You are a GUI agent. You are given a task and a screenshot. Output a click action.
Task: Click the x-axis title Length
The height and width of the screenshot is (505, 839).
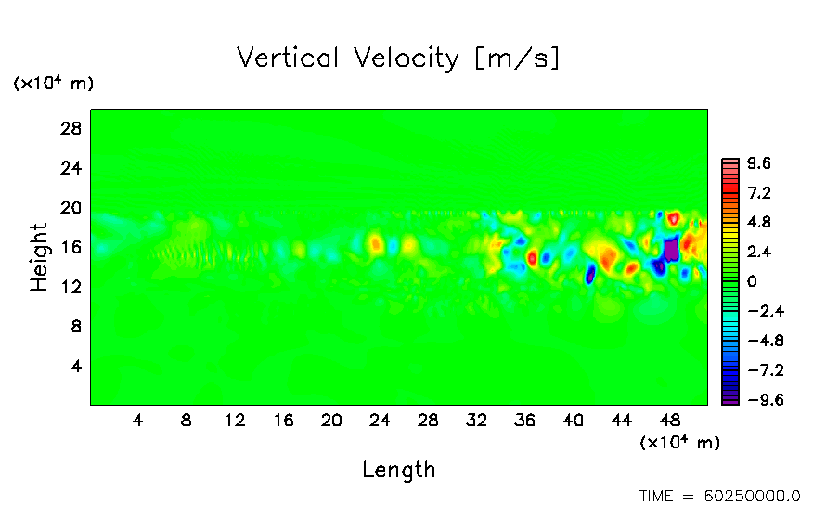[x=398, y=470]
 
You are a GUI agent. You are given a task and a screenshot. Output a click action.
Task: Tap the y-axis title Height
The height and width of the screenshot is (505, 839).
[x=39, y=257]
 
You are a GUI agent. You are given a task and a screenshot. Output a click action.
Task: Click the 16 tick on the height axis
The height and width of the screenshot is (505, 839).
[x=72, y=247]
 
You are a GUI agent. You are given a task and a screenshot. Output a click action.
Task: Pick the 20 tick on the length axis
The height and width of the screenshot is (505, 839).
[x=331, y=420]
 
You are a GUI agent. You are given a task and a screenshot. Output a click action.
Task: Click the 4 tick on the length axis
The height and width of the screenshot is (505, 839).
[x=138, y=420]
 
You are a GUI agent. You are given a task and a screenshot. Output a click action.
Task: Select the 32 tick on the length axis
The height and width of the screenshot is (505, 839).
[x=476, y=420]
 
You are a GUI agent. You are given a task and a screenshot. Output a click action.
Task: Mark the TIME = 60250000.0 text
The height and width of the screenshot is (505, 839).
[x=719, y=496]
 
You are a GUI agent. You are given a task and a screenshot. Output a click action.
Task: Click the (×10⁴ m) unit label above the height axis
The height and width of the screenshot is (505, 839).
[x=53, y=84]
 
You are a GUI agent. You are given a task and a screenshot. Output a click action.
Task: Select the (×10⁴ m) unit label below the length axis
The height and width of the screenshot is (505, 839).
[x=679, y=443]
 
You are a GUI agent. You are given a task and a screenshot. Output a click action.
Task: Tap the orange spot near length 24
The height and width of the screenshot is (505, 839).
[x=375, y=244]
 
